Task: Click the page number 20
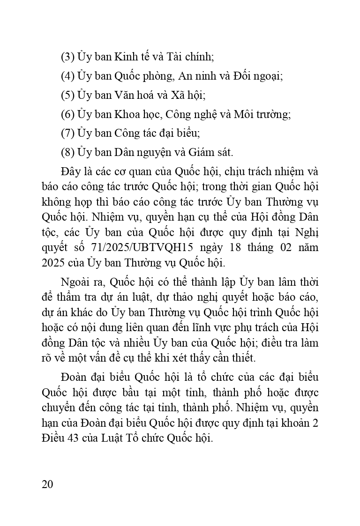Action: coord(47,484)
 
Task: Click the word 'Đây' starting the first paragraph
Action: coord(69,171)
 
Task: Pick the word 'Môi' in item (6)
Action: coord(243,114)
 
